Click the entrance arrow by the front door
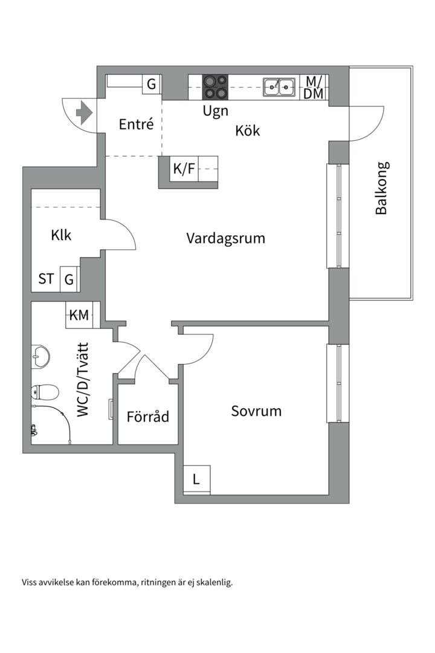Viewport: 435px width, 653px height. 83,112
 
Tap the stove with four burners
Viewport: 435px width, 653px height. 215,86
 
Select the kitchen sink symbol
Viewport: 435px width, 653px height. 279,87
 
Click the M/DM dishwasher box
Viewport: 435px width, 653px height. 314,88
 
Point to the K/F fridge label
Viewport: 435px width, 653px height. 184,169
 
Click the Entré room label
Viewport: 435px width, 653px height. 136,125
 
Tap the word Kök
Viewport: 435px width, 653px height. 248,130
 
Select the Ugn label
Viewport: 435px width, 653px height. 215,111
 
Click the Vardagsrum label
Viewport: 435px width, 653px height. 225,238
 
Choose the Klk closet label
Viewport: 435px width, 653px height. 61,235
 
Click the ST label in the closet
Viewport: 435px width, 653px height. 46,279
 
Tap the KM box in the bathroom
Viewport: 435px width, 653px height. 79,315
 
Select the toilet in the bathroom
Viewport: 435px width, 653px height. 45,392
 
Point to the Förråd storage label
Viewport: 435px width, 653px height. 147,417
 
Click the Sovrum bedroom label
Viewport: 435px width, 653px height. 256,411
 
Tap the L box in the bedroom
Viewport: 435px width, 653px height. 196,479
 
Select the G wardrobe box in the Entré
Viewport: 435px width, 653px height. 152,84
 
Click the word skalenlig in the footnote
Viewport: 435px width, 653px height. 214,583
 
